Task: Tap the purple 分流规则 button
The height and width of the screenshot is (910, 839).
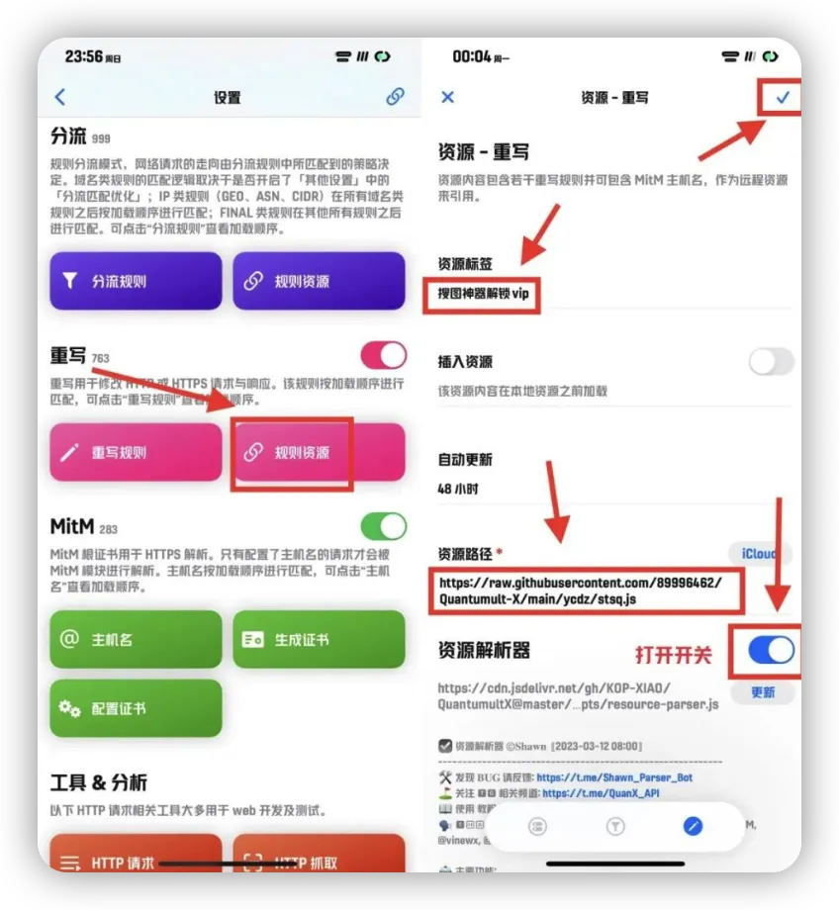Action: click(x=136, y=281)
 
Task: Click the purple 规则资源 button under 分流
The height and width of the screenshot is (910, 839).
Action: click(x=319, y=281)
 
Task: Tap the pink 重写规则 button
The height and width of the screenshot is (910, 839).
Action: click(x=136, y=453)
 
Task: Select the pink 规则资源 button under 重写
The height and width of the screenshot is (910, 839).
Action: click(x=319, y=453)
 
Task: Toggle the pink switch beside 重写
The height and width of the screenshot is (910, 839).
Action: click(x=383, y=355)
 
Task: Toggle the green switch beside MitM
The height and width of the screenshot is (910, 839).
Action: click(x=383, y=525)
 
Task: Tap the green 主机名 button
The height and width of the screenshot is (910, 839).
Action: click(x=136, y=639)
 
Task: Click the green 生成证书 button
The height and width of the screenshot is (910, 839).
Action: click(x=319, y=639)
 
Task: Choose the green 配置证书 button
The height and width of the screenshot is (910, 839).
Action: click(x=136, y=708)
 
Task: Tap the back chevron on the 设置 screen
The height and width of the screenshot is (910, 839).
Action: click(x=60, y=96)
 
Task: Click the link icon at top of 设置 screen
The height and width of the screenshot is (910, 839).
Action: click(x=395, y=96)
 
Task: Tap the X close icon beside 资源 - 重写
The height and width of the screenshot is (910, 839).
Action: click(x=447, y=97)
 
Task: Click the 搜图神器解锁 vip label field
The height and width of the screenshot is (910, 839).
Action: click(x=482, y=295)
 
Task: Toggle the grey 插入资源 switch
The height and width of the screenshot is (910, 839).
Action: click(x=771, y=361)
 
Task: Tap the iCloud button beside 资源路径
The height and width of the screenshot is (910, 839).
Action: click(x=759, y=554)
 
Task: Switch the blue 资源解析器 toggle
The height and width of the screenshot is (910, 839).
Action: click(x=771, y=650)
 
